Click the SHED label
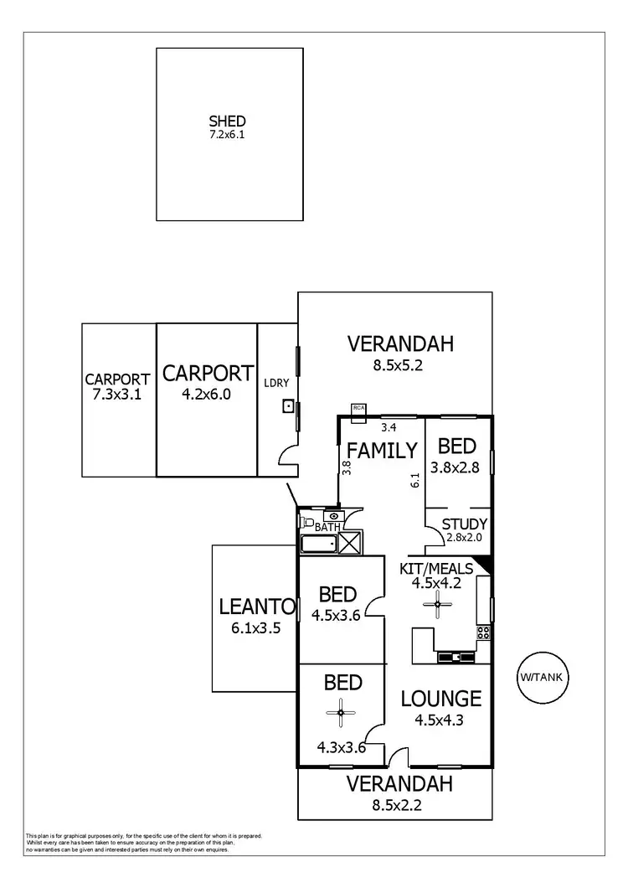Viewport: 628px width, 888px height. (x=227, y=121)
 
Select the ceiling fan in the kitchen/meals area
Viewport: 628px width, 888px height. (x=437, y=605)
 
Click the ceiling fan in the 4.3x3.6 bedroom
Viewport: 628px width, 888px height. (x=341, y=714)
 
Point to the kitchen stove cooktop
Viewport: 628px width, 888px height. (x=483, y=633)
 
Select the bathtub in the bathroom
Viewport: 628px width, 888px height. (x=318, y=545)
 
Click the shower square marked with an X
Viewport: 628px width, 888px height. (x=350, y=543)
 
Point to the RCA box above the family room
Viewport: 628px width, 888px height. (x=359, y=408)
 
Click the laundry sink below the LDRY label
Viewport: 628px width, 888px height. (x=288, y=407)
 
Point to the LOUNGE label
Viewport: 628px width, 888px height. (x=440, y=698)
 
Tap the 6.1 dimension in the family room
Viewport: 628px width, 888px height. (x=414, y=480)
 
